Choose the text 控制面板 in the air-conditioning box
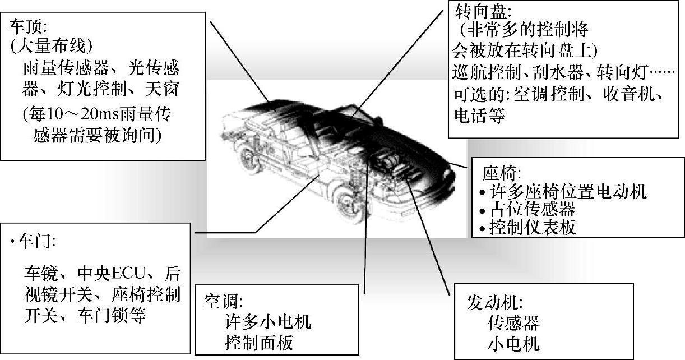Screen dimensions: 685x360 [258, 341]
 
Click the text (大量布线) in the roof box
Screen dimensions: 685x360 [52, 46]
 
